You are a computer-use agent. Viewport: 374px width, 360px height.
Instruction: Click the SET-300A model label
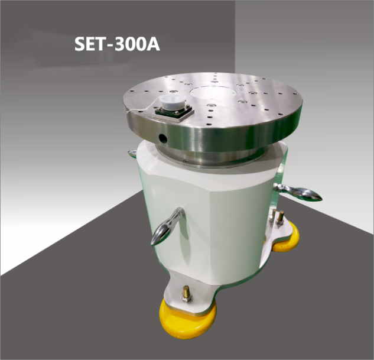coord(117,44)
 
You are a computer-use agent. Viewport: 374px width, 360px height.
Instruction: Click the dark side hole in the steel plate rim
coord(163,138)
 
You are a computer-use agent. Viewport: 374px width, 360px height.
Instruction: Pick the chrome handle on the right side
coord(301,192)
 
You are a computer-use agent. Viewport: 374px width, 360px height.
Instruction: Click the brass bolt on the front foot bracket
coord(187,292)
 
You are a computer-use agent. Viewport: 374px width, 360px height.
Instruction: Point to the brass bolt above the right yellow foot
coord(280,216)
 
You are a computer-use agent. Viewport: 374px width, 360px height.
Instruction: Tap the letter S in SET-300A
coord(80,44)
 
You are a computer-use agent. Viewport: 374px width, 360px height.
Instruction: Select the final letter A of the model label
coord(152,44)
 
